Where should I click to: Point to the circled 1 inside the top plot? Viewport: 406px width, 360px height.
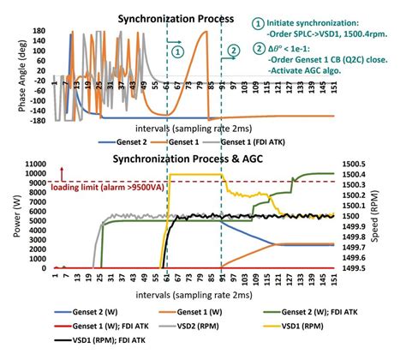[x=177, y=51]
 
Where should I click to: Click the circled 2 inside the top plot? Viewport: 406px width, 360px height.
[x=232, y=51]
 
